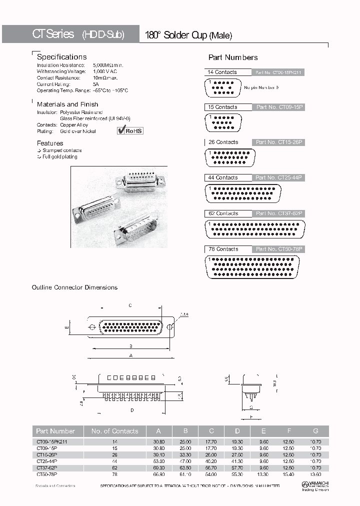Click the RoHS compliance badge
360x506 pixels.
point(130,130)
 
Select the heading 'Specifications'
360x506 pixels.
point(61,57)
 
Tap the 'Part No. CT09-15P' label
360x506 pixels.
point(279,107)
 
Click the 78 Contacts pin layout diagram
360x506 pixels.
point(252,267)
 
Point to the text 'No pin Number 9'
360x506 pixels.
point(261,87)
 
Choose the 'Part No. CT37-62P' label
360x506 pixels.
point(279,213)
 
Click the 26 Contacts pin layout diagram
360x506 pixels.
point(233,157)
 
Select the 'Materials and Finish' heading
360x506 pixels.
point(67,104)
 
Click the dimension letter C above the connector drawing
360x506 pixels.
point(130,305)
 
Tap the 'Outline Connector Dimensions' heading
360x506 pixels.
point(74,287)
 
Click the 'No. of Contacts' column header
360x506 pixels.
point(114,431)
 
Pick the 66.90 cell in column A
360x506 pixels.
point(159,473)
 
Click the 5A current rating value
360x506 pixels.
point(95,84)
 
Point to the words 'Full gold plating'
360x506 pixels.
point(60,156)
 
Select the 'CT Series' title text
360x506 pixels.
point(53,34)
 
